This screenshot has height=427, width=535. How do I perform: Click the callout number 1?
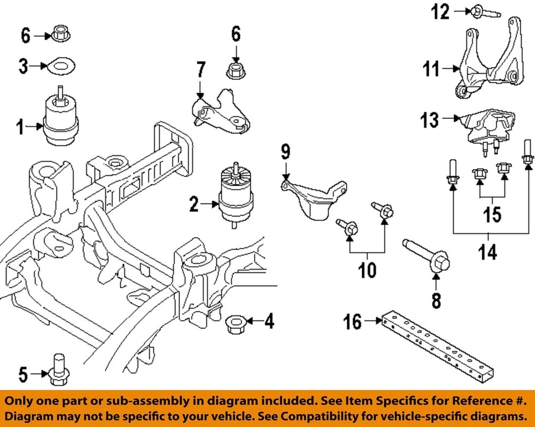click(x=20, y=128)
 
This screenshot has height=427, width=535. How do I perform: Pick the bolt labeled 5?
click(x=58, y=371)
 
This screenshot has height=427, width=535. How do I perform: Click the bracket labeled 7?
click(x=220, y=112)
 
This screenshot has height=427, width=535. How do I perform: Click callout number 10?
click(x=367, y=271)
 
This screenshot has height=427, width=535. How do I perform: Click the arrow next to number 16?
click(x=372, y=321)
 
